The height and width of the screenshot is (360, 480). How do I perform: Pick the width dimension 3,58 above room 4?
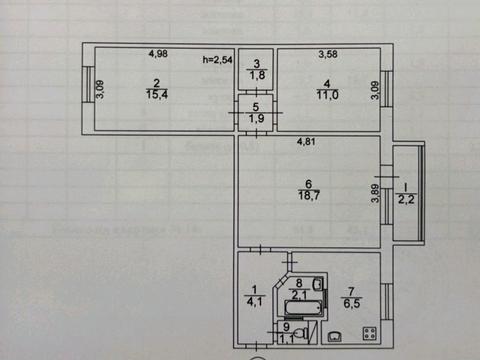point(329,56)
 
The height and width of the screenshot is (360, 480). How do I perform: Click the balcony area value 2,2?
point(406,203)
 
